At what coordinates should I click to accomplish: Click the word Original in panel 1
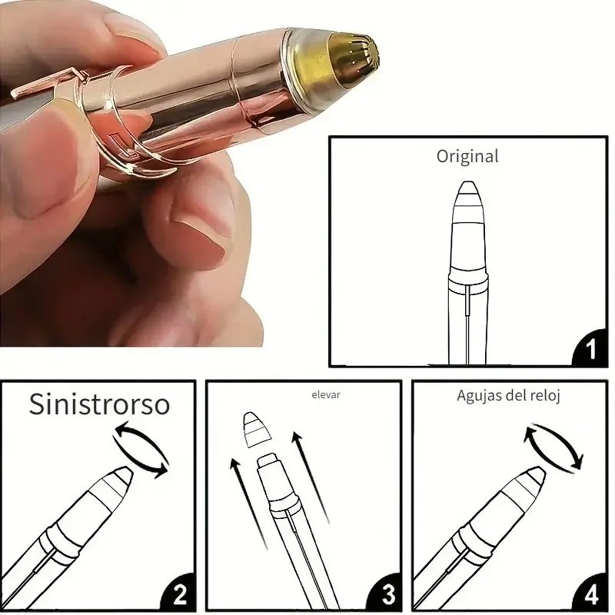pos(467,157)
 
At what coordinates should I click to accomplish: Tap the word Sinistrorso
pos(99,404)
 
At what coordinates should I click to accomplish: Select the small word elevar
pos(325,395)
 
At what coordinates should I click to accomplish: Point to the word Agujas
pos(479,396)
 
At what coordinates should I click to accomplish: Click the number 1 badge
pos(590,349)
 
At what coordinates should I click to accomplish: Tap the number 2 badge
pos(179,593)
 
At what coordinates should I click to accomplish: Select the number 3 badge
pos(386,593)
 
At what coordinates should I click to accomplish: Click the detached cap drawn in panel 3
pos(258,430)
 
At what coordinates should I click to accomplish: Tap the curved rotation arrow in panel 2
pos(142,450)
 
